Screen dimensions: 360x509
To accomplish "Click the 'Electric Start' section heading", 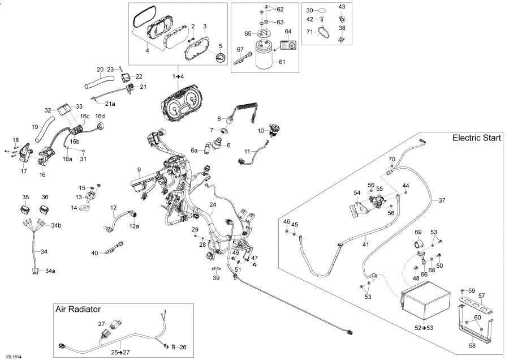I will [x=476, y=139].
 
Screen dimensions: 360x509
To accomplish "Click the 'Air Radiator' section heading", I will [x=78, y=309].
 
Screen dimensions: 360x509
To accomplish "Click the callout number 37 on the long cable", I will [x=442, y=200].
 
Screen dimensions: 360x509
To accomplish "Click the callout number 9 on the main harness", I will [x=138, y=170].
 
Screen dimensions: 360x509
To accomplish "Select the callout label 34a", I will [x=50, y=271].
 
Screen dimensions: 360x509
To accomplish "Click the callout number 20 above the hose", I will [x=100, y=70].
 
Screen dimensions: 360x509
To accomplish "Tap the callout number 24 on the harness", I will [x=213, y=204].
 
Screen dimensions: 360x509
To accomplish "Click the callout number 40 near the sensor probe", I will [x=94, y=252].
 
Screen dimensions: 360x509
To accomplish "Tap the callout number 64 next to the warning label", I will [x=288, y=31].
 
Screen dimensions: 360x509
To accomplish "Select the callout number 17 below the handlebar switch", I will [x=23, y=170].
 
